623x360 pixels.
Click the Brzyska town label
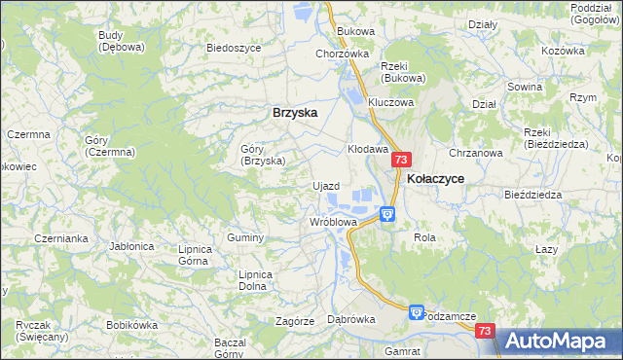tap(295, 112)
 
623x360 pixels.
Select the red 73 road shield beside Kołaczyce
tap(403, 160)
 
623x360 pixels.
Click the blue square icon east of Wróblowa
tap(387, 214)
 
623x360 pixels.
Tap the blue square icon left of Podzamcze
tap(417, 312)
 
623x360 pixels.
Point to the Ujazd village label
tap(325, 185)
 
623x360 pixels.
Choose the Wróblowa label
tap(333, 222)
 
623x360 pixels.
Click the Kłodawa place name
tap(368, 150)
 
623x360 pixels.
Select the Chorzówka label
tap(342, 54)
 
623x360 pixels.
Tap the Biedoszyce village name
tap(234, 47)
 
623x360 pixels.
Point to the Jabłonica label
tap(132, 246)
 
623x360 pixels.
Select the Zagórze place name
tap(294, 320)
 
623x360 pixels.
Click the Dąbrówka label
tap(351, 318)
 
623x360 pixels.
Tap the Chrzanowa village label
tap(475, 153)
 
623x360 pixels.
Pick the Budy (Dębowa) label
tap(122, 41)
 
